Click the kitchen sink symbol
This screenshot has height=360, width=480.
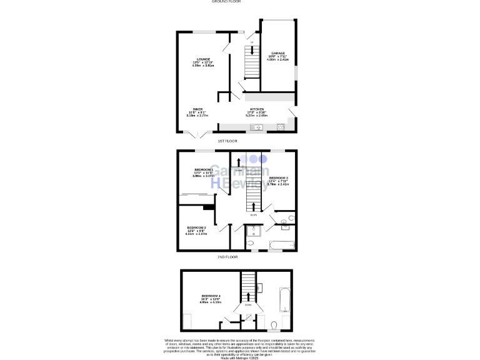[257, 128]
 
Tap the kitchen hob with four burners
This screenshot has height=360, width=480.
[281, 128]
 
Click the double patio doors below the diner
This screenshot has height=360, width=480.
[197, 134]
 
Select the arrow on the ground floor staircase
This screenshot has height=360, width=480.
[252, 51]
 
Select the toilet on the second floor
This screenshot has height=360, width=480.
[275, 324]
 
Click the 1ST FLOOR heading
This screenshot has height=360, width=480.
[227, 141]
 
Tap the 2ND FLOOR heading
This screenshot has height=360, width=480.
[227, 257]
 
